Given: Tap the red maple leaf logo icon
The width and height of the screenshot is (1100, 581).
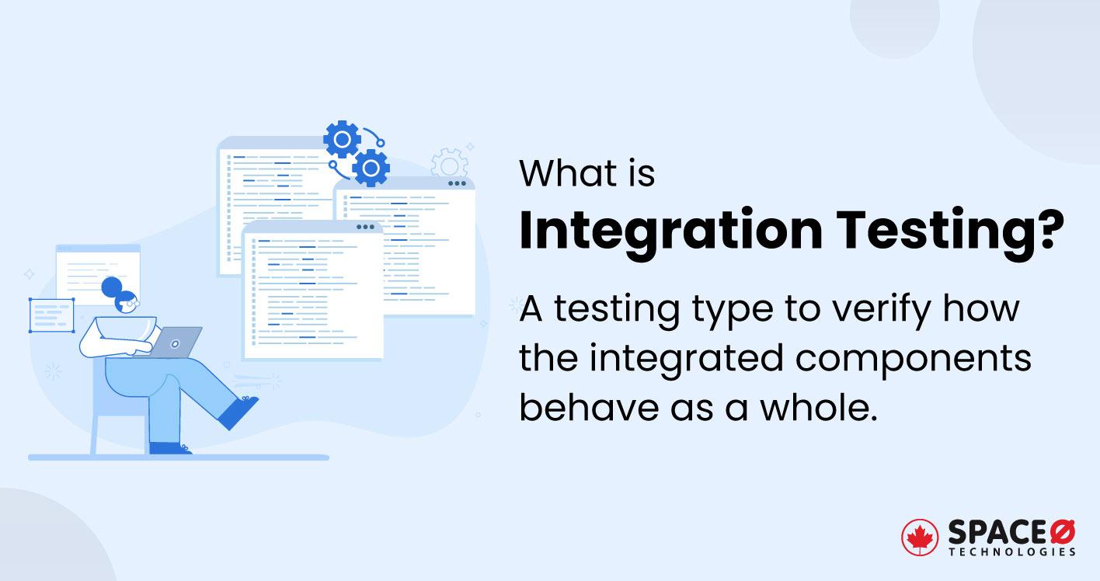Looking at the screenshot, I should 920,538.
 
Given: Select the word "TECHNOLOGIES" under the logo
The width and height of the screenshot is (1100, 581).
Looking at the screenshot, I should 1011,551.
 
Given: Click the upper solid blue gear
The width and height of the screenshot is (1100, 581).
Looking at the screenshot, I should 342,140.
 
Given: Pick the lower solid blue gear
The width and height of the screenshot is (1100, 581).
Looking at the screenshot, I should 371,167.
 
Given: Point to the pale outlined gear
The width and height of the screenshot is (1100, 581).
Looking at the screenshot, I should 449,164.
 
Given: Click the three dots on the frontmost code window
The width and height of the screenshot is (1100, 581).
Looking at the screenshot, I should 364,228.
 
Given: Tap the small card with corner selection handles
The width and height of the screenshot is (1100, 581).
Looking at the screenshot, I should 52,315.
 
